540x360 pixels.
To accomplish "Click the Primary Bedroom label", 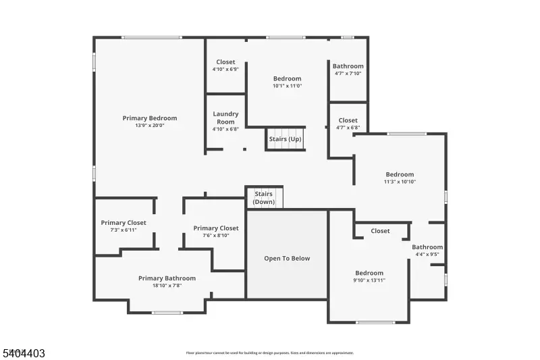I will coord(149,118).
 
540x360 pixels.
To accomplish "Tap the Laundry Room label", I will coord(225,114).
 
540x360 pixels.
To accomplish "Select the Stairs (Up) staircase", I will coord(286,139).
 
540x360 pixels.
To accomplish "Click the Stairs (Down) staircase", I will coord(264,198).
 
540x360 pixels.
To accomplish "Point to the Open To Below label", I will coord(287,259).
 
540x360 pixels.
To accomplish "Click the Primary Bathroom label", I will coord(167,278).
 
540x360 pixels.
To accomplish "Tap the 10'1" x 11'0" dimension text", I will coord(287,86).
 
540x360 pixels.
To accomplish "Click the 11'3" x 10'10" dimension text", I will coord(400,182).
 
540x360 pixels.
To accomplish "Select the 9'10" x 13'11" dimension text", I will coord(369,280).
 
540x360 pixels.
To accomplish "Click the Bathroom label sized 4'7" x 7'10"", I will coord(348,66).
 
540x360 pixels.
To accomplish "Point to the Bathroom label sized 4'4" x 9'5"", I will coord(427,247).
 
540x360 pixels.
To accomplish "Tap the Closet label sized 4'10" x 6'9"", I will coord(225,62).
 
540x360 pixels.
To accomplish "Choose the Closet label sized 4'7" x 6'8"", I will coord(348,121).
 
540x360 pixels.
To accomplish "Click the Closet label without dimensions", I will coord(380,231).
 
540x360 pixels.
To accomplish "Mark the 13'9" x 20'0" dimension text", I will coord(149,126).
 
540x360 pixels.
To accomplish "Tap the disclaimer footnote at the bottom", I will coord(269,353).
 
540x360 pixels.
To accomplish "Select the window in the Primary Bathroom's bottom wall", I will coord(167,312).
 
